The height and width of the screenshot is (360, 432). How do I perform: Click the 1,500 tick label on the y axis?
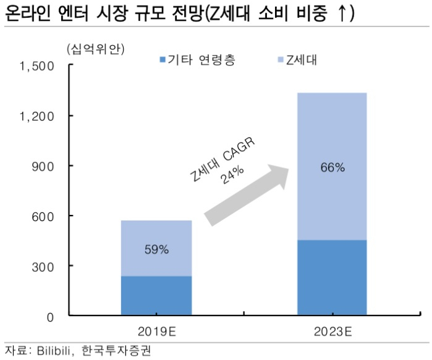click(x=36, y=66)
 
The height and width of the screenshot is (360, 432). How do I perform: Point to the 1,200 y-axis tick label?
click(x=36, y=117)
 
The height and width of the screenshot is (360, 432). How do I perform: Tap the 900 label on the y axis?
click(x=43, y=167)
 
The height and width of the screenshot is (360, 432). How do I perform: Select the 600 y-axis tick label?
click(x=43, y=217)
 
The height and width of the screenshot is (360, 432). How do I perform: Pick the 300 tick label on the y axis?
click(x=43, y=267)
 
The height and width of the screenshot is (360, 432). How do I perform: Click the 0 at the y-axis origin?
click(x=50, y=317)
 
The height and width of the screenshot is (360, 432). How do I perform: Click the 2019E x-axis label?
click(x=157, y=332)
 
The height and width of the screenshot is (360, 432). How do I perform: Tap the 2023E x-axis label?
click(x=333, y=332)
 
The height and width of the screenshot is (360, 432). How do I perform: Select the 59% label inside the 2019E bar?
click(x=156, y=249)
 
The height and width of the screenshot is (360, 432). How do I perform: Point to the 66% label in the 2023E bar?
click(x=332, y=167)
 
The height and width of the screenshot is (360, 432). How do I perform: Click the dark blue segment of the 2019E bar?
click(x=156, y=296)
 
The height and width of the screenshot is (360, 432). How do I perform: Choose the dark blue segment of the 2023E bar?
click(x=332, y=277)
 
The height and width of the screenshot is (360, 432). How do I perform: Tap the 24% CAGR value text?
click(x=232, y=175)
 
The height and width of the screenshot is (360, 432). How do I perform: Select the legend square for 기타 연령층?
click(x=163, y=59)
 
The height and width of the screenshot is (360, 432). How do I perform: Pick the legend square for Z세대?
click(x=281, y=59)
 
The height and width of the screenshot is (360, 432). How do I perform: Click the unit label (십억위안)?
click(x=96, y=49)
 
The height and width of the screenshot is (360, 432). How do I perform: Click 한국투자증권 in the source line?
click(x=116, y=351)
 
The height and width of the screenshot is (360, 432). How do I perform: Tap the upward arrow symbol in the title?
click(x=342, y=13)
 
